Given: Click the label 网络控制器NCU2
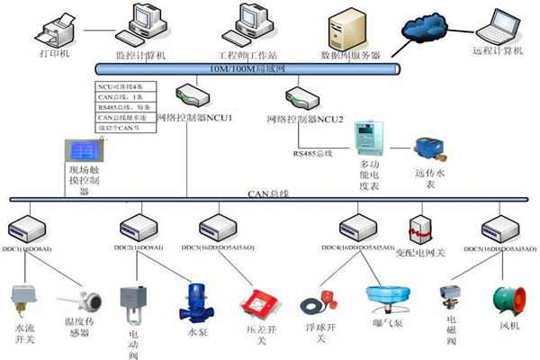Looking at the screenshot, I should [x=305, y=120].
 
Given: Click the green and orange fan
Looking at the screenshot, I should [x=500, y=299].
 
